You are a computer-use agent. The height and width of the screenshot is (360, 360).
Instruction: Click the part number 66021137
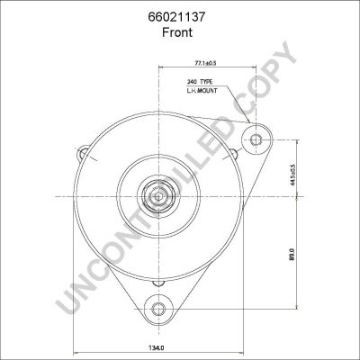click(176, 17)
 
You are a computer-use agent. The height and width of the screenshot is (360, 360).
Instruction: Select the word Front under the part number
click(177, 32)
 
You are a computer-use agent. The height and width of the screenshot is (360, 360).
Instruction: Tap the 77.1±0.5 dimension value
click(205, 63)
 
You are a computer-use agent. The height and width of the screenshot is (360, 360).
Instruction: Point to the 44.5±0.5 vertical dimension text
click(293, 175)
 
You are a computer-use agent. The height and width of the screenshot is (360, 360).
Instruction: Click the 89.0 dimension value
click(293, 254)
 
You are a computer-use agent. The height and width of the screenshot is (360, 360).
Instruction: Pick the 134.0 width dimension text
click(157, 348)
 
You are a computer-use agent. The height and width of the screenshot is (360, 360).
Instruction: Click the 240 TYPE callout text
click(200, 82)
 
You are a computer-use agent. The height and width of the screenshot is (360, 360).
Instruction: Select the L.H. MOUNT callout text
click(202, 90)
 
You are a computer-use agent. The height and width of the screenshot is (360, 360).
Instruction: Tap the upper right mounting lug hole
click(256, 139)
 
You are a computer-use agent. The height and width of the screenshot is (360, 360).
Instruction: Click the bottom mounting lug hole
click(158, 309)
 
